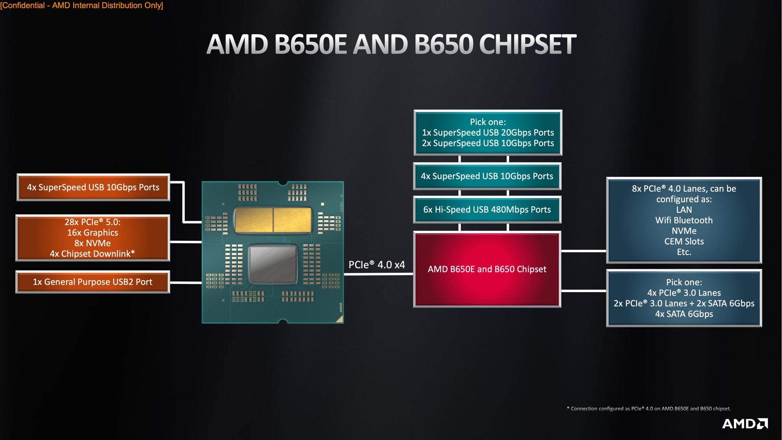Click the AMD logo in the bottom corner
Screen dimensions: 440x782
745,424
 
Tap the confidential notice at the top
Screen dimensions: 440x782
81,5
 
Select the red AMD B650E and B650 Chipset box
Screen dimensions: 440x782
487,269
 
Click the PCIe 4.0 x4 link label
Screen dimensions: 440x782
377,265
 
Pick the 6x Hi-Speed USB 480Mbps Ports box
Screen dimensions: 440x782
487,210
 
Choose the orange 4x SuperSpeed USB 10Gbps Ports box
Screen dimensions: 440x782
93,187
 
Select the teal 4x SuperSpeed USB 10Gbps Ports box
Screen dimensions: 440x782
487,176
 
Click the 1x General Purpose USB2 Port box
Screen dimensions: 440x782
92,282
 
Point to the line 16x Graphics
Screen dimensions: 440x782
92,233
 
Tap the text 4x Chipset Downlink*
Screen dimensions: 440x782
92,254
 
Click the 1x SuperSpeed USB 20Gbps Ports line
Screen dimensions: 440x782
488,133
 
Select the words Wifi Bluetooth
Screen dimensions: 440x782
684,220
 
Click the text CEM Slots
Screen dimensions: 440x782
684,242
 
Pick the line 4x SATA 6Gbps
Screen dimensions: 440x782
684,314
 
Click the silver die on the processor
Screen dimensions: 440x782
272,264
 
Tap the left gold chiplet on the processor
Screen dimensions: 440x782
254,220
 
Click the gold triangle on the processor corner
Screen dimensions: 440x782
340,319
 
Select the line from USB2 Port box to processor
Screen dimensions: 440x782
186,282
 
